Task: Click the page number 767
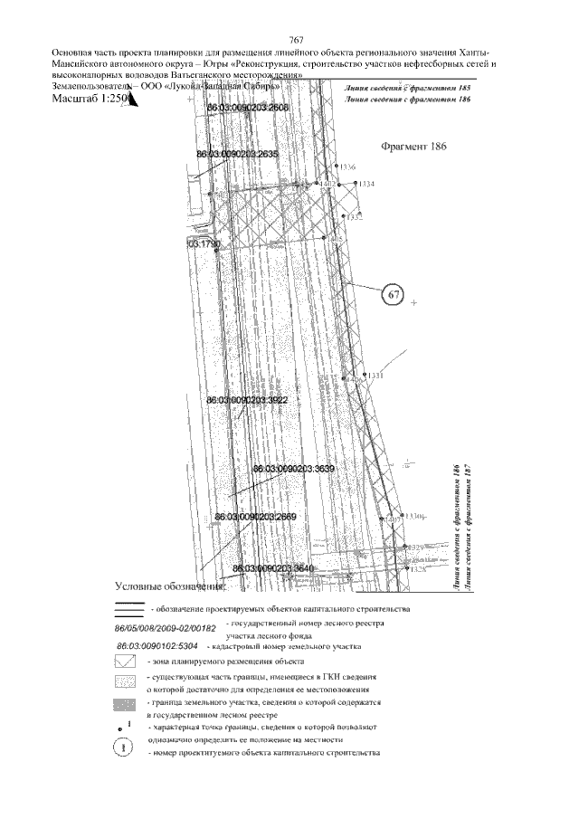pyautogui.click(x=294, y=41)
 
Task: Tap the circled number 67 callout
pyautogui.click(x=393, y=295)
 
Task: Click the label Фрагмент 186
pyautogui.click(x=414, y=146)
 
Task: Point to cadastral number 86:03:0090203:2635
pyautogui.click(x=237, y=155)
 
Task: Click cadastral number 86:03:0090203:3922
pyautogui.click(x=247, y=399)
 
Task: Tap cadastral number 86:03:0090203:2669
pyautogui.click(x=256, y=516)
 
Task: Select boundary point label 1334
pyautogui.click(x=366, y=184)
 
